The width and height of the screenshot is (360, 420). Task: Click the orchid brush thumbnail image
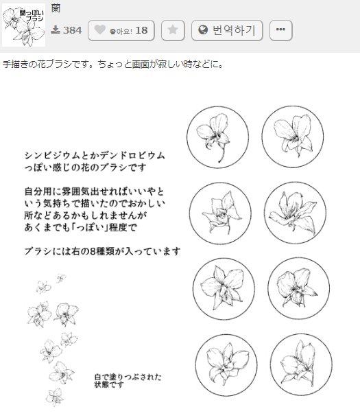(x=24, y=25)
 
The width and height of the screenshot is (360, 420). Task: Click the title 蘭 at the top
(x=56, y=8)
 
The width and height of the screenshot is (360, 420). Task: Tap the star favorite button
(x=173, y=30)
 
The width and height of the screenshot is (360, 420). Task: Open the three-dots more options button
(x=281, y=30)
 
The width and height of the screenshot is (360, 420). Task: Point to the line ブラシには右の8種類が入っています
(x=101, y=251)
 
